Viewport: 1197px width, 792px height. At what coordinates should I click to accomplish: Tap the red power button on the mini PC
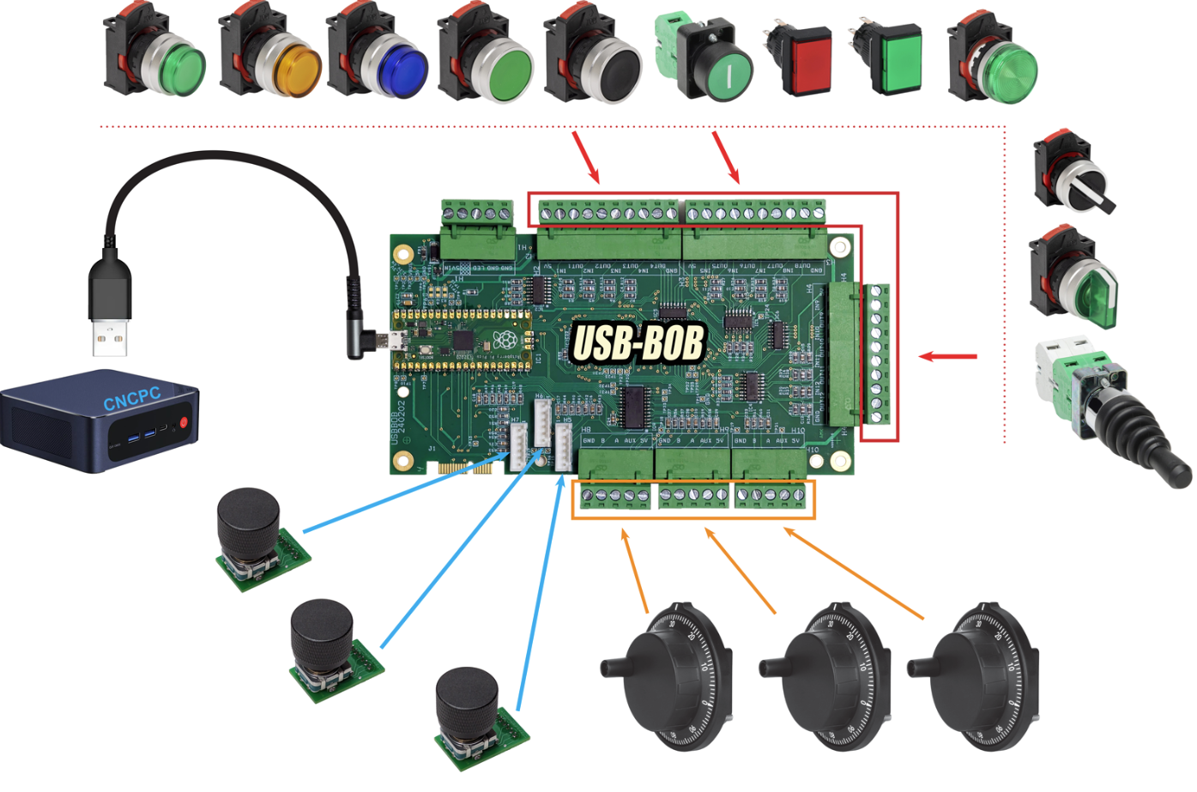(184, 423)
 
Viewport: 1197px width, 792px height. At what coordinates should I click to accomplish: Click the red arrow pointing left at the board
(947, 356)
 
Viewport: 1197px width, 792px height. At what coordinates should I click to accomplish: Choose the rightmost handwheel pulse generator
(978, 674)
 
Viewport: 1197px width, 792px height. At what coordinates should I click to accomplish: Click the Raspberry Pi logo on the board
(504, 341)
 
